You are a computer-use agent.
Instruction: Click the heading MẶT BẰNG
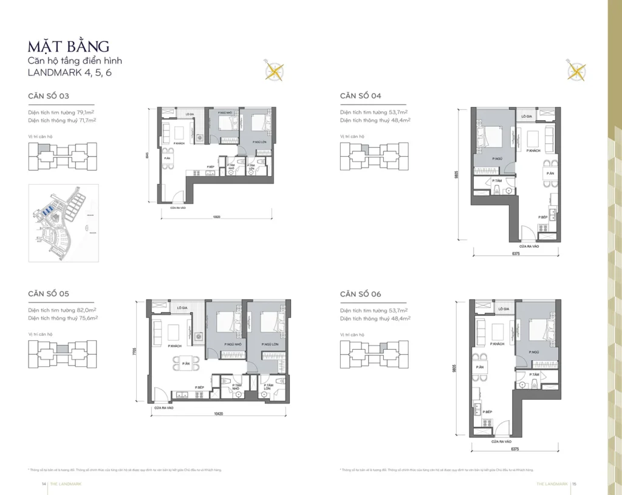pyautogui.click(x=68, y=46)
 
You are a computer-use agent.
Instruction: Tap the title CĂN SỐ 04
pyautogui.click(x=361, y=95)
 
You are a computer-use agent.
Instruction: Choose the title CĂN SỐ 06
pyautogui.click(x=361, y=294)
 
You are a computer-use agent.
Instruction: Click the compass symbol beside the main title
pyautogui.click(x=275, y=72)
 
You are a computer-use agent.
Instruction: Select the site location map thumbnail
pyautogui.click(x=64, y=223)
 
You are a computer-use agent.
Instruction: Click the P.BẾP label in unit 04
pyautogui.click(x=544, y=217)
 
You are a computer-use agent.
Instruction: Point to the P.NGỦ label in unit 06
pyautogui.click(x=535, y=352)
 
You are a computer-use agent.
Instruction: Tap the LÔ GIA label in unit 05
pyautogui.click(x=182, y=309)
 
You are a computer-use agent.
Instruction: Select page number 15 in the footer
pyautogui.click(x=574, y=484)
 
